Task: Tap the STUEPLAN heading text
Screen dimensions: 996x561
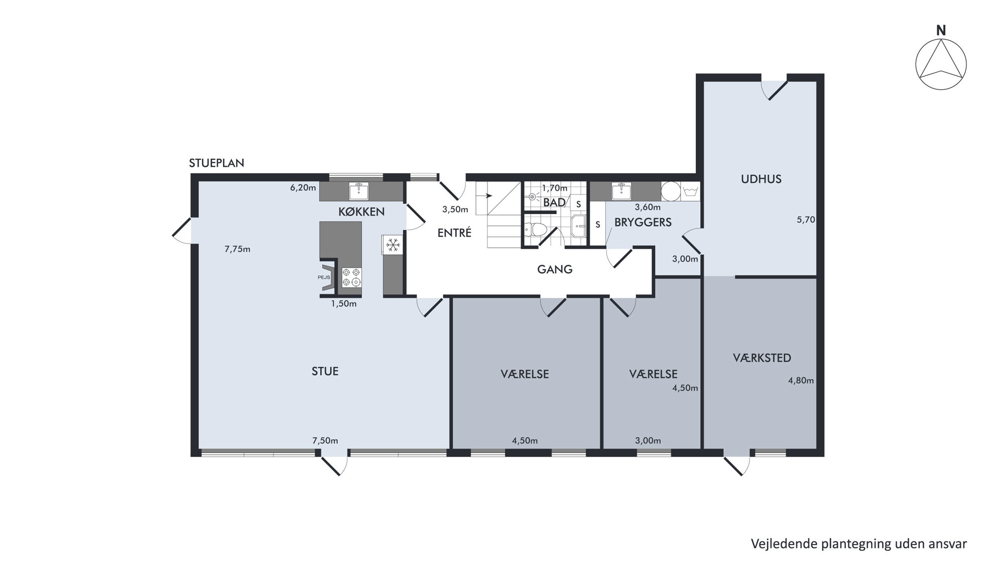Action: (216, 163)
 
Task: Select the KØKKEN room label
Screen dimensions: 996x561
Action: (361, 212)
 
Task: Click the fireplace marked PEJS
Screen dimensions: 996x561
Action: (327, 278)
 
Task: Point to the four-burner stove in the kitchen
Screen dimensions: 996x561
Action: (351, 278)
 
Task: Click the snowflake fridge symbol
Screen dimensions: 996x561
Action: (393, 245)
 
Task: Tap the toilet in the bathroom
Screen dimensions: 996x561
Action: (535, 230)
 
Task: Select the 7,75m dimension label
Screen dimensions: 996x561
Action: (237, 249)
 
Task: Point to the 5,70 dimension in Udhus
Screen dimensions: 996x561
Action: (806, 219)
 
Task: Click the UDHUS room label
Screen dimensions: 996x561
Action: (761, 179)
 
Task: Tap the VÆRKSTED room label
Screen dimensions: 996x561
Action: (762, 358)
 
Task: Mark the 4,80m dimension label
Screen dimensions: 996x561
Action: (801, 381)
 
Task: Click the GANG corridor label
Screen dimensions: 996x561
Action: (555, 270)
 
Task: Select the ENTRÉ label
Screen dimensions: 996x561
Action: (454, 233)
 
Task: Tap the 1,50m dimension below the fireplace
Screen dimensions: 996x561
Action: (343, 304)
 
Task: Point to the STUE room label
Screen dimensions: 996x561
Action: (325, 372)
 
